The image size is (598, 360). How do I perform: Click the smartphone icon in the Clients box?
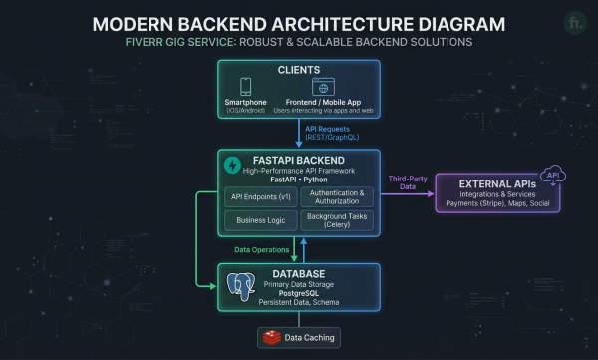245,87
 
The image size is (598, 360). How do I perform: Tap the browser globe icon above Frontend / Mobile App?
323,87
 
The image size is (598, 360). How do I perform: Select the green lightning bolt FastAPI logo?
232,165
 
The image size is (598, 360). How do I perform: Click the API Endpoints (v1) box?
261,197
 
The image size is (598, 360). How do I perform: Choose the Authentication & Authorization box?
337,197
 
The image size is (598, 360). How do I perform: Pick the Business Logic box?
261,220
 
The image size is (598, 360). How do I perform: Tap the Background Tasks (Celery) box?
337,220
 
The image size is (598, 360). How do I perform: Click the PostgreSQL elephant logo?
241,286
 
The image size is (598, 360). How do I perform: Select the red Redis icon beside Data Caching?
271,338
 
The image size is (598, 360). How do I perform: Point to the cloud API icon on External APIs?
553,176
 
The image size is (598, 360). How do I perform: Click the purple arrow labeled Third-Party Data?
408,194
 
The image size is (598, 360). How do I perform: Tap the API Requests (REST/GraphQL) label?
332,133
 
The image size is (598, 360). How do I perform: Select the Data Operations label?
261,250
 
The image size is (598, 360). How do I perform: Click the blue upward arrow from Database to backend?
304,250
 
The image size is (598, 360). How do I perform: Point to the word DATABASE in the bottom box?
299,274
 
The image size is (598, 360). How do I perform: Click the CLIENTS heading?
299,70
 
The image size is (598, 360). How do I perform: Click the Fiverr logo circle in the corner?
575,23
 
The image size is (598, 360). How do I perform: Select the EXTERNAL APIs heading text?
497,184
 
